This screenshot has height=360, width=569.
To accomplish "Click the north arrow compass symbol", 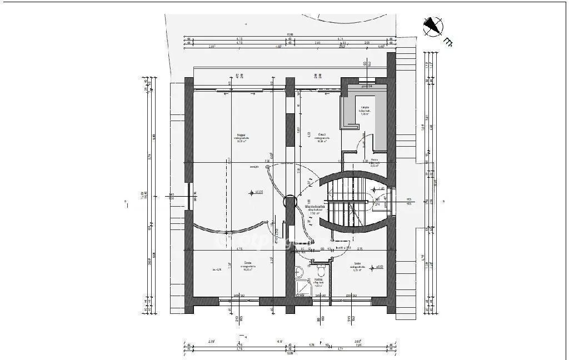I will coord(432,26).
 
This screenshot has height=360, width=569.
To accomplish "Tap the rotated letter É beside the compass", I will coord(448,41).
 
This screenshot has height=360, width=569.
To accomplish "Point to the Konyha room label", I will coord(365,109).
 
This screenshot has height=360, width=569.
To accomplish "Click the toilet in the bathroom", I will coord(299,272).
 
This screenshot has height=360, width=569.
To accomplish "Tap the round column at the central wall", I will coord(290,204).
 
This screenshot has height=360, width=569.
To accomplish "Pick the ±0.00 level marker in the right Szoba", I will coord(379,267).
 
